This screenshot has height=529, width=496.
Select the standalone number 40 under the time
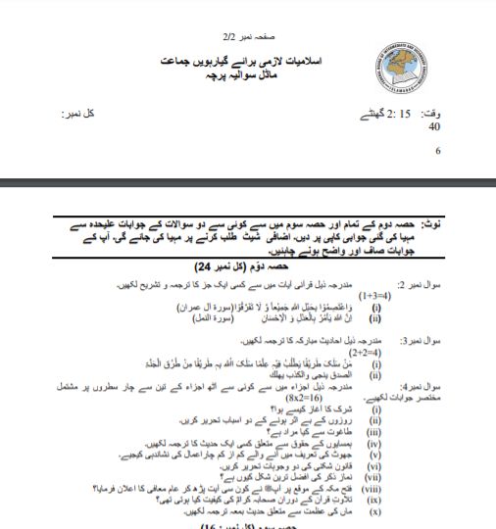pyautogui.click(x=434, y=126)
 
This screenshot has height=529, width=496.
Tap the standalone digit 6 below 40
pyautogui.click(x=437, y=151)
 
